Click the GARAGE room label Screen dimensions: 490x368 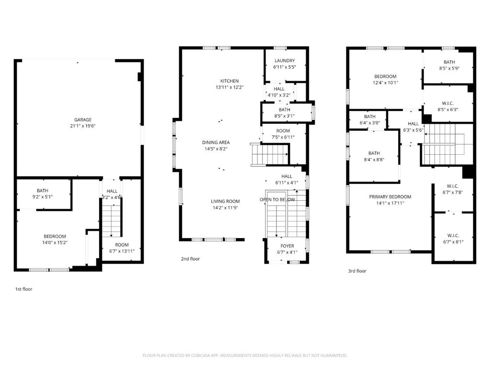pos(83,119)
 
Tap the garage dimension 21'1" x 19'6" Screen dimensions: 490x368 pos(83,126)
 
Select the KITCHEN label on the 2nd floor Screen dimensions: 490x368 pos(229,81)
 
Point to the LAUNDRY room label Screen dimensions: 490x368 pos(285,61)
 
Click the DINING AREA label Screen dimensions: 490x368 pos(216,142)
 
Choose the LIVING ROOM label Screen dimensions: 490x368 pos(225,201)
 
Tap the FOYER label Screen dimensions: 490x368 pos(287,246)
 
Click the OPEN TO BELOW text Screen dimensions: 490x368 pos(277,200)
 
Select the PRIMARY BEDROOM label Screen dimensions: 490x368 pos(390,197)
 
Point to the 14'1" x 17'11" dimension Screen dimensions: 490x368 pos(390,203)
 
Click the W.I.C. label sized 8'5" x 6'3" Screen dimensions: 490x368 pos(448,103)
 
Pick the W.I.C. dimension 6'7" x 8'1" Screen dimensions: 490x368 pos(453,242)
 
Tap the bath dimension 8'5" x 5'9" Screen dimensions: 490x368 pos(449,68)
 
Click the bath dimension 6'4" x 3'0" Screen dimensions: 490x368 pos(370,123)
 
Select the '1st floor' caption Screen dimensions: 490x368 pos(24,289)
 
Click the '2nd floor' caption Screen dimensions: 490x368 pos(190,259)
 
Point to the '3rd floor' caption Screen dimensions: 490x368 pos(357,271)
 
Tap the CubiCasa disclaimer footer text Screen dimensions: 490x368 pos(245,356)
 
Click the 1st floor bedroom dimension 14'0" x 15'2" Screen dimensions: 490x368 pos(55,242)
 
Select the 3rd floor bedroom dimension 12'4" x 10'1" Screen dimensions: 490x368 pos(385,83)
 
